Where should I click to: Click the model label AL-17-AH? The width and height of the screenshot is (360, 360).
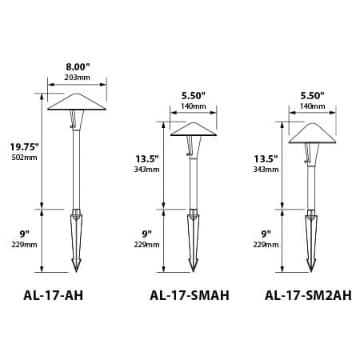click(54, 295)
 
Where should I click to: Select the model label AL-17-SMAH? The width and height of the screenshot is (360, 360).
click(190, 295)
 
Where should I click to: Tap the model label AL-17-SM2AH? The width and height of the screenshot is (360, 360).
click(307, 295)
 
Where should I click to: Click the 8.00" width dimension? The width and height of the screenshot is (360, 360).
click(78, 68)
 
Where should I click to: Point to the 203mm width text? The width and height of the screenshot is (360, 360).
click(78, 78)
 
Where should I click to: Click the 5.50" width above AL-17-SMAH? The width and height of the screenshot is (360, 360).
click(192, 95)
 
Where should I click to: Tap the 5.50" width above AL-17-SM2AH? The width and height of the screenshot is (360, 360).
click(313, 95)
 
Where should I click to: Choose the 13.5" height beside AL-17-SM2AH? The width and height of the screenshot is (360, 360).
click(265, 158)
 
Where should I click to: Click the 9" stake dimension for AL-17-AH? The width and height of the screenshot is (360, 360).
click(25, 234)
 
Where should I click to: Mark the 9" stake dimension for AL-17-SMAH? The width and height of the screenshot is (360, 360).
click(146, 234)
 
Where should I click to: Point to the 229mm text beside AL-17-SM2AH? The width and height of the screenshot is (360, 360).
click(265, 245)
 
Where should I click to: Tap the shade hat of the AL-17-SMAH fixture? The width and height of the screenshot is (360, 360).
click(192, 128)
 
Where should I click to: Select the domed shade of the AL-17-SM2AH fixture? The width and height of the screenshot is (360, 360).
click(311, 132)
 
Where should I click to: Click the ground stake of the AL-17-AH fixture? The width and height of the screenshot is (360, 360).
click(77, 240)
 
